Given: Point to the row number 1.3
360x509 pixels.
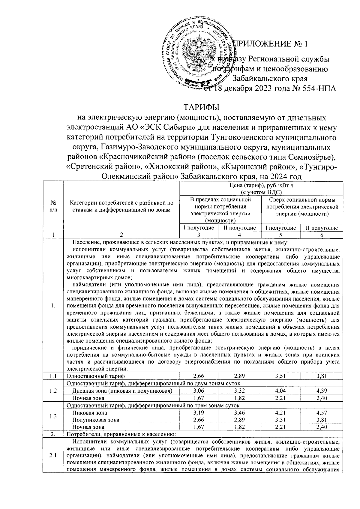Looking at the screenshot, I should (x=53, y=416).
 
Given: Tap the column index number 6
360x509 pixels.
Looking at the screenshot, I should (x=321, y=236).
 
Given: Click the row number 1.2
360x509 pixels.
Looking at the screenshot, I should (x=53, y=391).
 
